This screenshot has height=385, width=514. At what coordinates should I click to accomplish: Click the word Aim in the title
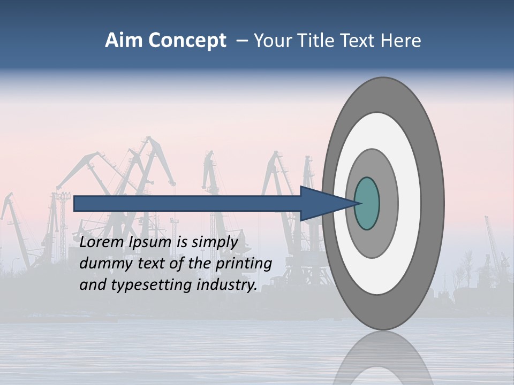pyautogui.click(x=124, y=41)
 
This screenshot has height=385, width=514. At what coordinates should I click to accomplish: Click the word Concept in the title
pyautogui.click(x=187, y=41)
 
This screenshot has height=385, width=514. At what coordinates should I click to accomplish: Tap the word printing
pyautogui.click(x=243, y=264)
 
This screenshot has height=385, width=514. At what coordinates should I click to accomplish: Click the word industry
pyautogui.click(x=227, y=285)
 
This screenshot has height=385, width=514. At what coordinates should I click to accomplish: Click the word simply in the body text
pyautogui.click(x=214, y=242)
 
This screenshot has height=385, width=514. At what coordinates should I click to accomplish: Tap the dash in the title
pyautogui.click(x=242, y=41)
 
